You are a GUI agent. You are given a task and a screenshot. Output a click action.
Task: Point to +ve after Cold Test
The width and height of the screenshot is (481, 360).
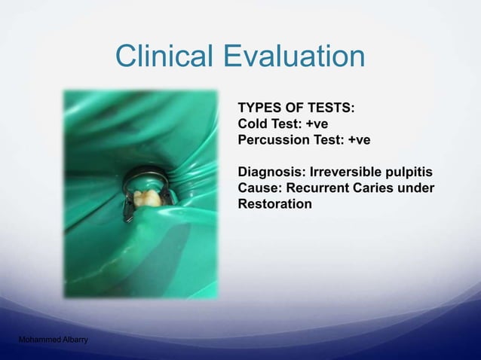click(x=315, y=124)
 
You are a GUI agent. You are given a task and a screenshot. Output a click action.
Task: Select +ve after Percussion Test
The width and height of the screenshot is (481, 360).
click(x=358, y=139)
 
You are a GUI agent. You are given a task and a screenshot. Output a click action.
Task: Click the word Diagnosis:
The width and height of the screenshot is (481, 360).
click(x=267, y=171)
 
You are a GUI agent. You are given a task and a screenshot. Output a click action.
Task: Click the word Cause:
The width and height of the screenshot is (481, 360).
click(x=259, y=187)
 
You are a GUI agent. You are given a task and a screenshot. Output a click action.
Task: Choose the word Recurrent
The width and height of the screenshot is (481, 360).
click(x=315, y=187)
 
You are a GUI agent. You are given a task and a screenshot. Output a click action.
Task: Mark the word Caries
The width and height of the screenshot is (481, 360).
click(x=374, y=187)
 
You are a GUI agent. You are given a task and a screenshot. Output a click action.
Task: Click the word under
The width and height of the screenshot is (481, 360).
click(x=417, y=187)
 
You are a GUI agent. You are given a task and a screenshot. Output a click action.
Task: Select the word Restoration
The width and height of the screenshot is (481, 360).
click(x=274, y=203)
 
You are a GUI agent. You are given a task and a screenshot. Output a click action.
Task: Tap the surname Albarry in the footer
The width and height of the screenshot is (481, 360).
click(x=74, y=340)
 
